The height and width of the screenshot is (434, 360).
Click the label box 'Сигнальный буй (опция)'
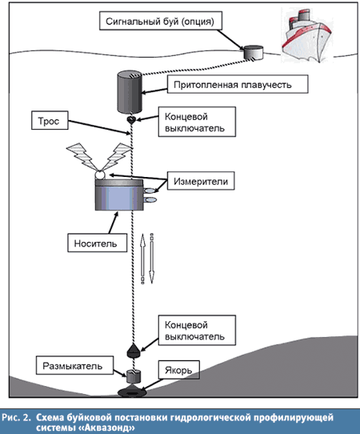pyautogui.click(x=161, y=21)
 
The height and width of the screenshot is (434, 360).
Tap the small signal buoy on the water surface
pyautogui.click(x=254, y=53)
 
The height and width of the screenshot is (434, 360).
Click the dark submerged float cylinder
pyautogui.click(x=130, y=92)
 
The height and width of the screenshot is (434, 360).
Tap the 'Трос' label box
pyautogui.click(x=50, y=120)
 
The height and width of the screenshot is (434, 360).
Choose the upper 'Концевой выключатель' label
pyautogui.click(x=197, y=122)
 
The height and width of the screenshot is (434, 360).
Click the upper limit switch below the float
pyautogui.click(x=131, y=119)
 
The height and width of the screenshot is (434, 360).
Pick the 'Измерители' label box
pyautogui.click(x=201, y=181)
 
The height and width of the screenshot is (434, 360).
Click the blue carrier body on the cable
pyautogui.click(x=119, y=195)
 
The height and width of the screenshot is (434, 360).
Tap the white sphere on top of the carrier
pyautogui.click(x=99, y=175)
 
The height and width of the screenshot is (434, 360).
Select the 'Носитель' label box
pyautogui.click(x=98, y=243)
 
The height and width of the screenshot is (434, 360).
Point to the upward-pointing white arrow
pyautogui.click(x=142, y=259)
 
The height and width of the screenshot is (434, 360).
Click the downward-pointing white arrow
pyautogui.click(x=152, y=259)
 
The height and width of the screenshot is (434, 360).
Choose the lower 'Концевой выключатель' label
pyautogui.click(x=197, y=330)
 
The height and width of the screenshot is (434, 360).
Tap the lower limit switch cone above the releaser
pyautogui.click(x=134, y=351)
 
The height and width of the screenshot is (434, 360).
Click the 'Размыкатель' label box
pyautogui.click(x=74, y=365)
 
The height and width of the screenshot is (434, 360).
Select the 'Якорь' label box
pyautogui.click(x=179, y=369)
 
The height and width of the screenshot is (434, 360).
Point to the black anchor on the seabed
pyautogui.click(x=133, y=392)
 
